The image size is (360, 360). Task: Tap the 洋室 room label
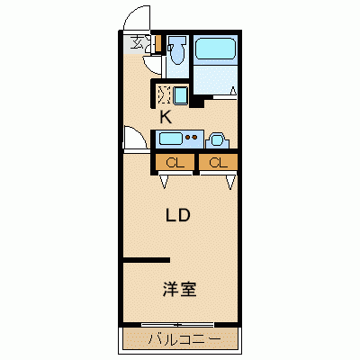coord(179,290)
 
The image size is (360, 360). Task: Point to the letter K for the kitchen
coord(166,116)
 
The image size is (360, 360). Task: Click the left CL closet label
coord(175,163)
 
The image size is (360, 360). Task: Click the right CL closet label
coord(217,163)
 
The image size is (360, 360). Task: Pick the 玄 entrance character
coord(137,41)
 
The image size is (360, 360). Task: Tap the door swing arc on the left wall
coord(133,142)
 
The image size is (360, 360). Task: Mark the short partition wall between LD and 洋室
coord(147,261)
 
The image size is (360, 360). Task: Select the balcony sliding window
coord(179,324)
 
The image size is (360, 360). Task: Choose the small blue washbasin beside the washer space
coord(181,94)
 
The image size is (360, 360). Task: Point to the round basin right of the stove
coord(219,139)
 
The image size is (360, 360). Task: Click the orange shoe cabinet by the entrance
coord(157,41)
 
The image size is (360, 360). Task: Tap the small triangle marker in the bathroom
coord(233,89)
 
